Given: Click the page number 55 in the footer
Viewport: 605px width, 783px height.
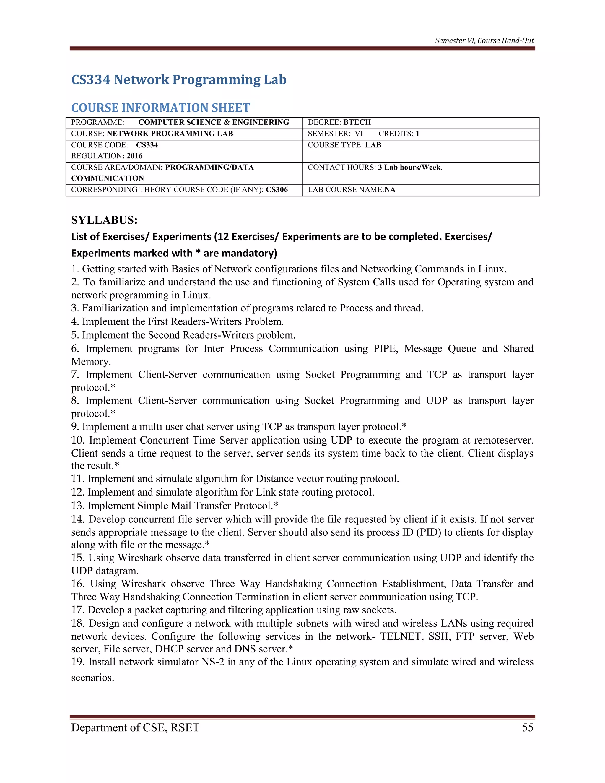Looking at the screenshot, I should pyautogui.click(x=528, y=727).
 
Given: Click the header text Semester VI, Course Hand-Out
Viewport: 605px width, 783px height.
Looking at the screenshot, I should pyautogui.click(x=484, y=40).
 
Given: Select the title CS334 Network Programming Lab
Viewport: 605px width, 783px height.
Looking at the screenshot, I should pyautogui.click(x=179, y=79).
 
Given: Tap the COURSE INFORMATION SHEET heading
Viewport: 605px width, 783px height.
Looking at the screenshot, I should pyautogui.click(x=161, y=108).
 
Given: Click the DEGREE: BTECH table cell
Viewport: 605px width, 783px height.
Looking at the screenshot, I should pyautogui.click(x=339, y=122).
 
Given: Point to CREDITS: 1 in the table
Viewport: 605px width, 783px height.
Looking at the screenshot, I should pyautogui.click(x=399, y=134).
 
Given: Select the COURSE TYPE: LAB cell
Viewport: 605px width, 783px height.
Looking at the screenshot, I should pyautogui.click(x=344, y=145).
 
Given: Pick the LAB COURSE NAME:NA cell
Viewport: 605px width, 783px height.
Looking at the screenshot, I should pyautogui.click(x=351, y=190).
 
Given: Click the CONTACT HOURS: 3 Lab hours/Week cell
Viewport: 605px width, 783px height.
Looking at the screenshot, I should pyautogui.click(x=375, y=168).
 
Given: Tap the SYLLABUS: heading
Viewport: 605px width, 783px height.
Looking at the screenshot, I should pyautogui.click(x=104, y=220).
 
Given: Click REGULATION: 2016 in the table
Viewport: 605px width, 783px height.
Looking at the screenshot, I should pyautogui.click(x=107, y=156).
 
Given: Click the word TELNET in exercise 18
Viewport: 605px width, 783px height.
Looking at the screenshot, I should pyautogui.click(x=400, y=636).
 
